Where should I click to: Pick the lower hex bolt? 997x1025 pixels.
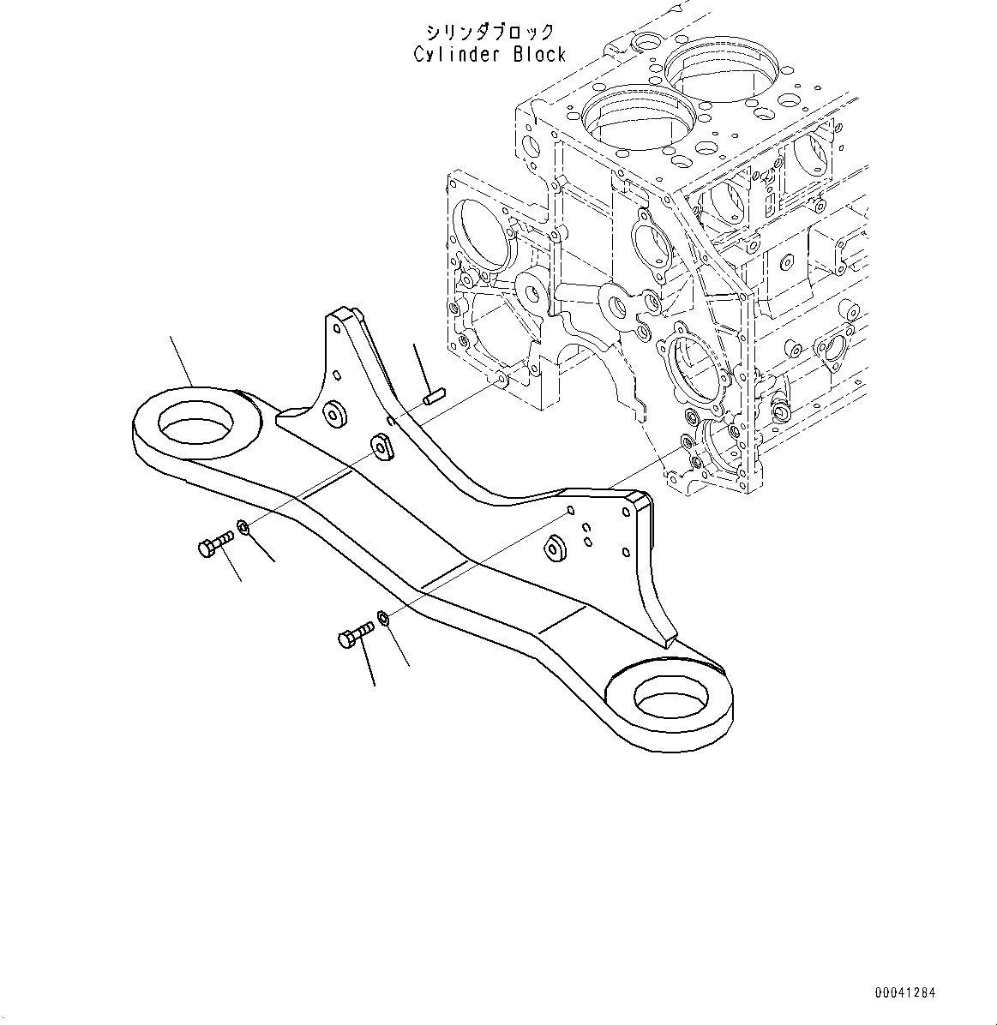coord(355,637)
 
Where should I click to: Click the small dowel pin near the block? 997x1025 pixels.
coord(433,397)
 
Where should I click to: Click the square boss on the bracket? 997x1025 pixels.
coord(381,446)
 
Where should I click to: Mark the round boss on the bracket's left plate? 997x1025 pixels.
coord(332,414)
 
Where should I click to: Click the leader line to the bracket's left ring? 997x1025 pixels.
coord(182,361)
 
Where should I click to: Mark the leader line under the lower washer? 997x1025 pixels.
coord(399,646)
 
